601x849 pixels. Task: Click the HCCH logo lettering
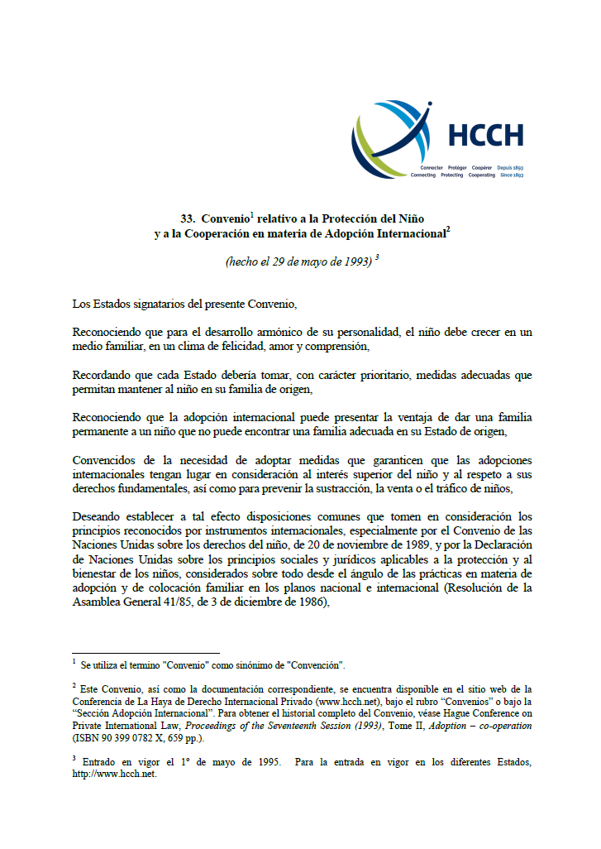tap(485, 135)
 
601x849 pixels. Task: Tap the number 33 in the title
tap(187, 219)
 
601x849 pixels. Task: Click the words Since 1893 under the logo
tap(511, 175)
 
